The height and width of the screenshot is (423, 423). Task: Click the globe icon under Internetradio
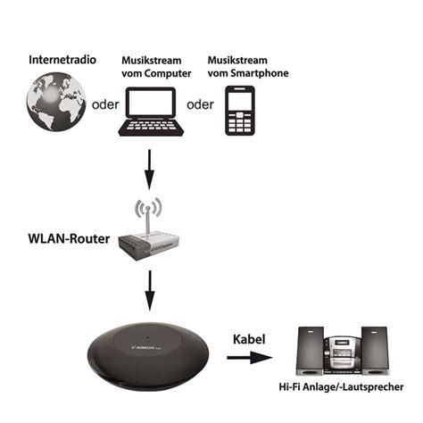[55, 104]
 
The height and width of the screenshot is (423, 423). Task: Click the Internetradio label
[62, 61]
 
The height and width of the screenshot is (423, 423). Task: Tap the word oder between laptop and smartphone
[201, 104]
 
